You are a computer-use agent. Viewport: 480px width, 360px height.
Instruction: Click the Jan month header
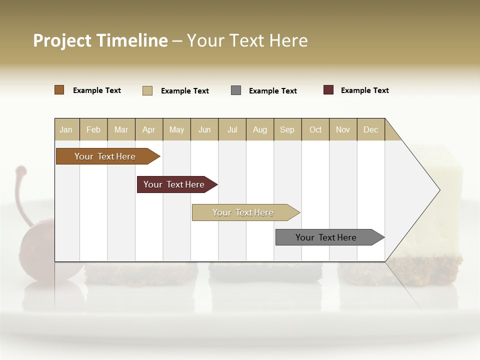click(66, 129)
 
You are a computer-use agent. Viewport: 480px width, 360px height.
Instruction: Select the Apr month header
click(149, 129)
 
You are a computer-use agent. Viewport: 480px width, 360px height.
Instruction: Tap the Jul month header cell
click(232, 129)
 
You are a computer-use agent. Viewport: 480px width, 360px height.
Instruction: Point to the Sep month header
click(287, 129)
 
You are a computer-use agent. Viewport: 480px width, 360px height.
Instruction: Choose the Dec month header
click(370, 129)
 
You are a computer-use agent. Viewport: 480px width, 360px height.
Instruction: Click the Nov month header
click(343, 129)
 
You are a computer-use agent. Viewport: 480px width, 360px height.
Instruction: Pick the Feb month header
click(93, 129)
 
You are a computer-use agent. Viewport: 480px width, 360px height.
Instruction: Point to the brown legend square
click(59, 90)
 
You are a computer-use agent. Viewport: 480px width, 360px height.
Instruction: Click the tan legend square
click(147, 90)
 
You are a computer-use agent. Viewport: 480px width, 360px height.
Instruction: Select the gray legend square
click(236, 90)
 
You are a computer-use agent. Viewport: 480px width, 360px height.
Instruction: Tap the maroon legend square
click(328, 90)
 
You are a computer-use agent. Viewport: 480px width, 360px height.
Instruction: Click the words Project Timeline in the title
click(100, 40)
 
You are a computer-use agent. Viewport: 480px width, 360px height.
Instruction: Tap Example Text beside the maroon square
click(364, 90)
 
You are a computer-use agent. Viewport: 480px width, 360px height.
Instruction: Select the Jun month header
click(204, 129)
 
